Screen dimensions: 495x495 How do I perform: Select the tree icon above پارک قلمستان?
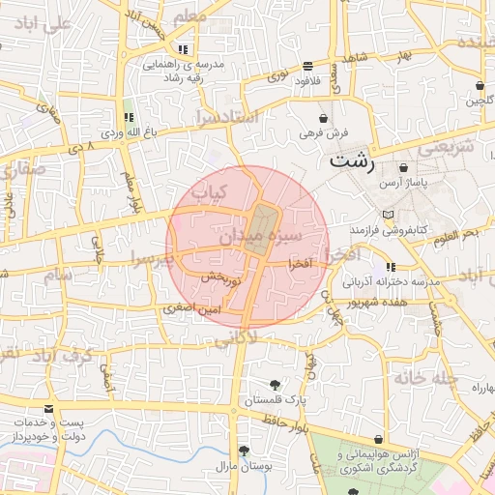(x=277, y=383)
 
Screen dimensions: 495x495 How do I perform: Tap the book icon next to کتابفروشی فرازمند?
(x=388, y=215)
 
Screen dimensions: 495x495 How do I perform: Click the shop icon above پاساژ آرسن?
(x=402, y=167)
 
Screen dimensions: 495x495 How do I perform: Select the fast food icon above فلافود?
(x=307, y=66)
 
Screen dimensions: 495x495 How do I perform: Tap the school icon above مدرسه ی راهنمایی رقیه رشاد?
(x=182, y=48)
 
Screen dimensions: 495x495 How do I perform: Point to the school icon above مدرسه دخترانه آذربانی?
(x=390, y=267)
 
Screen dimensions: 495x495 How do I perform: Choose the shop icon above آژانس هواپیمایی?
(x=378, y=439)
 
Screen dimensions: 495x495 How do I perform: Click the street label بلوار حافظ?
(x=289, y=421)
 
